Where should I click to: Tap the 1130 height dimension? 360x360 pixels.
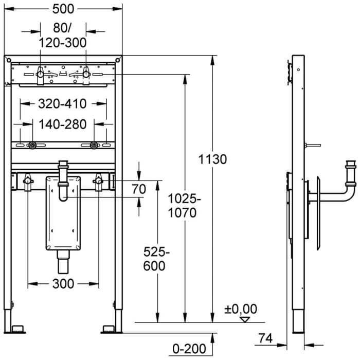(x=212, y=159)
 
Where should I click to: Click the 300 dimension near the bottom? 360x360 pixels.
(x=63, y=283)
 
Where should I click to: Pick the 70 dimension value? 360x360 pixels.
(x=139, y=189)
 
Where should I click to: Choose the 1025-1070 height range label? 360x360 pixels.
(x=183, y=206)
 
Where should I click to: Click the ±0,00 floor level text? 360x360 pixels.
(x=240, y=309)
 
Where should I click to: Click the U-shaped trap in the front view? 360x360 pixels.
(x=63, y=193)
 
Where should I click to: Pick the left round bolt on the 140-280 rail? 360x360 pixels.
(x=32, y=146)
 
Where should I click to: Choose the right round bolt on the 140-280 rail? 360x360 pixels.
(x=94, y=146)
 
